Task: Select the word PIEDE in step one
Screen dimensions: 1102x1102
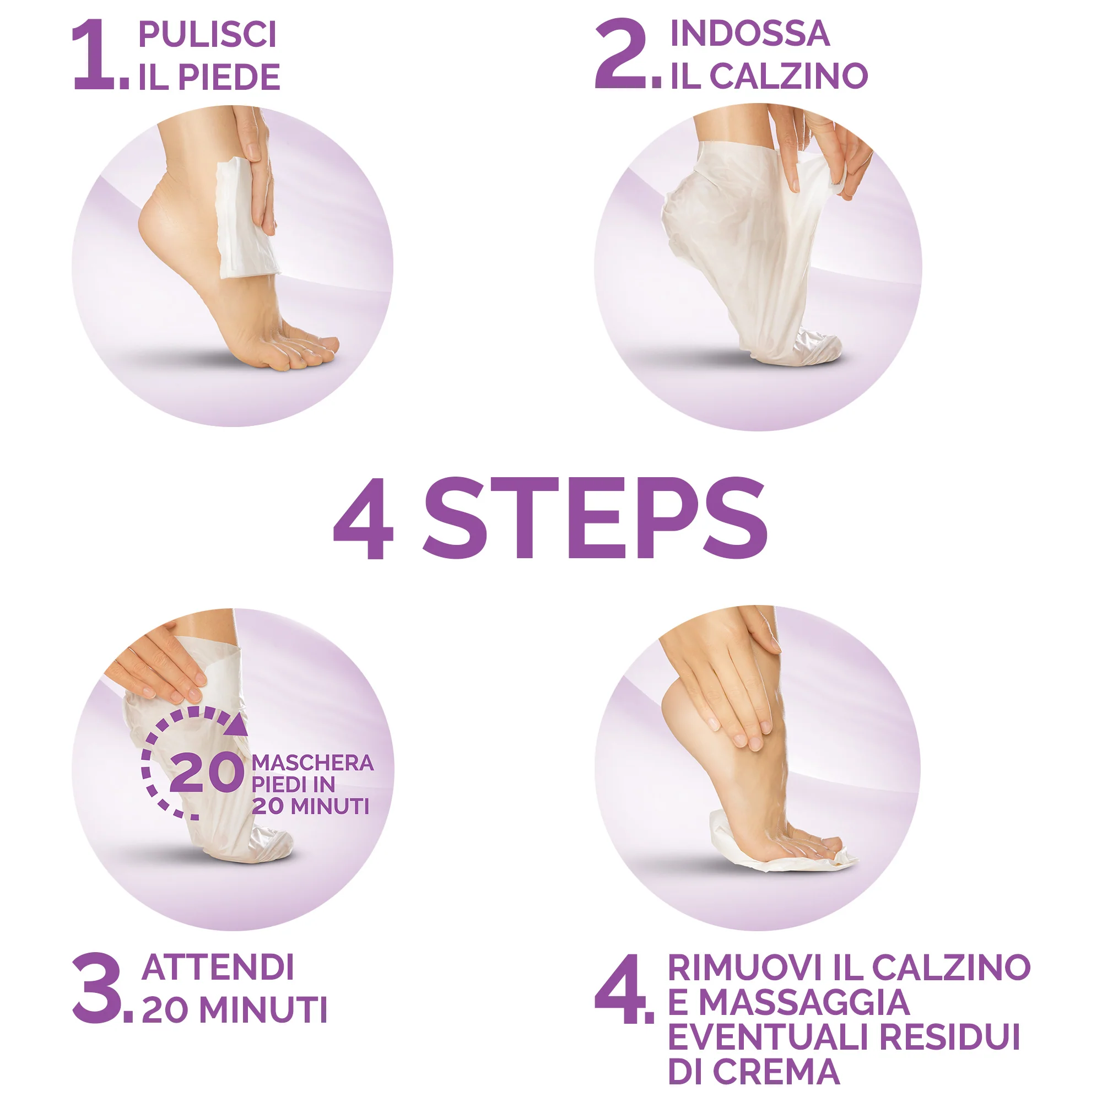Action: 229,78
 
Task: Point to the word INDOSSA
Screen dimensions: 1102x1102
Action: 749,34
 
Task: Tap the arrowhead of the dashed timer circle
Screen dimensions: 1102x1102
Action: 236,726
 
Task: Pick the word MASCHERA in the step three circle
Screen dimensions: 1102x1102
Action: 312,763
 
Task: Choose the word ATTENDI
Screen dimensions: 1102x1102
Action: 218,968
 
